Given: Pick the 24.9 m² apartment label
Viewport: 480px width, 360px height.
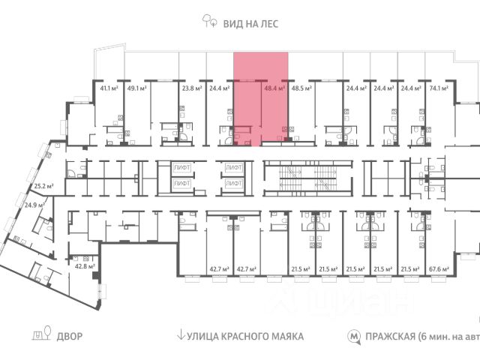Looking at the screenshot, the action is coord(34,204).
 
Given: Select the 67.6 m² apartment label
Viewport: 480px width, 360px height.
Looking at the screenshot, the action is coord(439,268).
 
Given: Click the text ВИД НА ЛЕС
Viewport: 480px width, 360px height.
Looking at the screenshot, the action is coord(250,23).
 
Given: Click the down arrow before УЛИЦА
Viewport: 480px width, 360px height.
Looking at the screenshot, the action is coord(180,336).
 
